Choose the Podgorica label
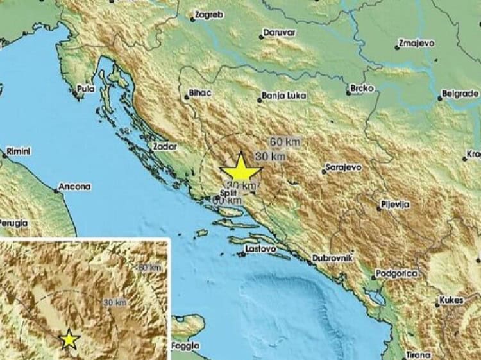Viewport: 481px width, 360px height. [x=398, y=273]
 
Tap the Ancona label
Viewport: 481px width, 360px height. [x=74, y=187]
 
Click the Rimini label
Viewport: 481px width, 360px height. [x=19, y=151]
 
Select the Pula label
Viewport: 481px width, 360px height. [x=85, y=89]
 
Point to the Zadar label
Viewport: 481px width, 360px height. [x=164, y=146]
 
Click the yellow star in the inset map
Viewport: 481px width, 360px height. [x=69, y=340]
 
